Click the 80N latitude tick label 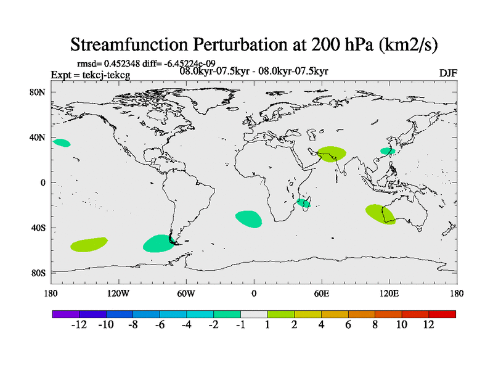tap(39, 92)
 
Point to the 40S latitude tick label tap(39, 228)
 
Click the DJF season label tap(448, 73)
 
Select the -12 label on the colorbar tap(80, 324)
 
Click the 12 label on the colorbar tap(429, 324)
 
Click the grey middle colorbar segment tap(254, 314)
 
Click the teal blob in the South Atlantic tap(248, 218)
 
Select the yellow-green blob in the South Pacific tap(89, 244)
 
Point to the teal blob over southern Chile tap(158, 244)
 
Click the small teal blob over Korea tap(387, 151)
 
